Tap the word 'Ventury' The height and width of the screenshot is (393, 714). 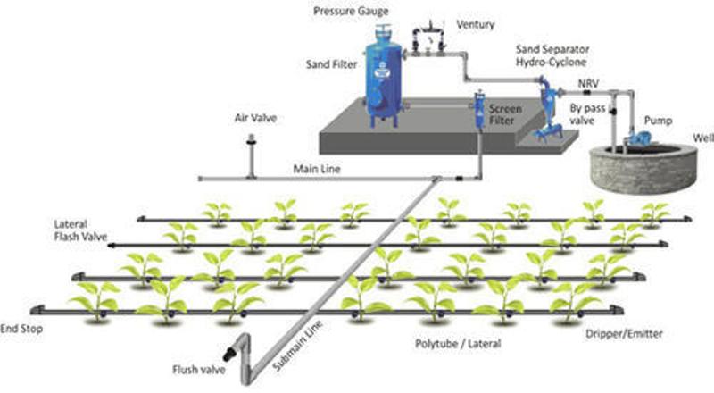click(x=475, y=24)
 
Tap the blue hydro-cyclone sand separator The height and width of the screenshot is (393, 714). click(x=546, y=112)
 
